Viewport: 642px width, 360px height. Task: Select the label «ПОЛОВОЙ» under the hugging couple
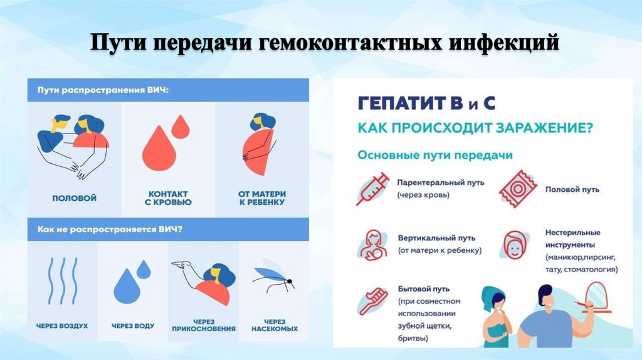(74, 198)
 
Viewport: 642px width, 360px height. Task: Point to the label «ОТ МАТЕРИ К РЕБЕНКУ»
(261, 198)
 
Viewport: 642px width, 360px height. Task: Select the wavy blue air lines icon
(62, 280)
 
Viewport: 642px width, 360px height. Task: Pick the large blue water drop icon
(128, 285)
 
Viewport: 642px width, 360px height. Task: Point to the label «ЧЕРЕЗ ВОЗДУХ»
(62, 326)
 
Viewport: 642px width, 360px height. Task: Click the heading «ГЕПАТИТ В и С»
(426, 103)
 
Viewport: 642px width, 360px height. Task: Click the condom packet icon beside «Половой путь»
(517, 188)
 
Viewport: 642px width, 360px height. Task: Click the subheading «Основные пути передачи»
(434, 155)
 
